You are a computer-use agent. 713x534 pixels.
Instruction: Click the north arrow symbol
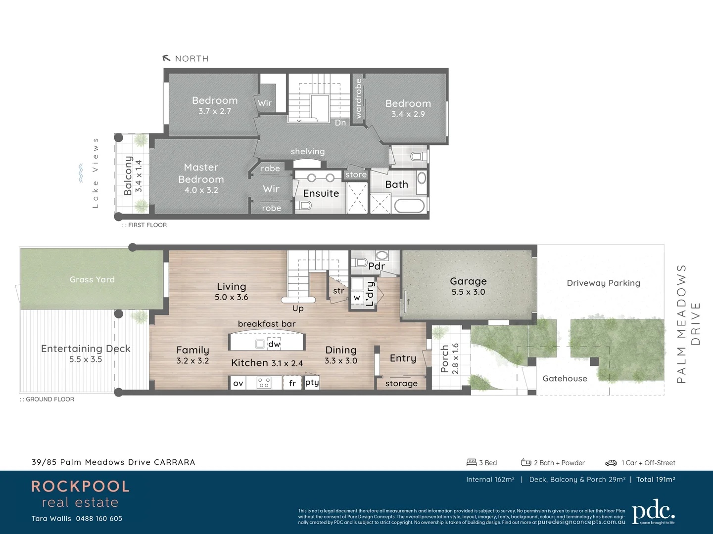click(x=166, y=58)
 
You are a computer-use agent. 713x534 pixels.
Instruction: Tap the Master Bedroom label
click(x=201, y=174)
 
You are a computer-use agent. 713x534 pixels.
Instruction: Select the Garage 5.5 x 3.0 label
click(x=468, y=286)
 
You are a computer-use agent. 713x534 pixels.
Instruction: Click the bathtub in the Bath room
click(x=409, y=206)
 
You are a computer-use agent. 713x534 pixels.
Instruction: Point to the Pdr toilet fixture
click(x=360, y=262)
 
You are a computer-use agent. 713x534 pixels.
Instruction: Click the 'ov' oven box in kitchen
click(x=238, y=383)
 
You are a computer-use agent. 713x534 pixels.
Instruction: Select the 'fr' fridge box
click(x=292, y=383)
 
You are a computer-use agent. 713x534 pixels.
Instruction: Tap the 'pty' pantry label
click(x=312, y=382)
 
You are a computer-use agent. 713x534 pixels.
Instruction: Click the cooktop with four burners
click(x=264, y=383)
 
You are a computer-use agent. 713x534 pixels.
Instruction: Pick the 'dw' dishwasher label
click(x=274, y=344)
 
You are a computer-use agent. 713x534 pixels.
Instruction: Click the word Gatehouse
click(x=565, y=378)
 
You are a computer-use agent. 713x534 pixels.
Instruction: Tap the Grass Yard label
click(x=92, y=279)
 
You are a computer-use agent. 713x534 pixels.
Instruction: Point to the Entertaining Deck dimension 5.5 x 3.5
click(x=86, y=359)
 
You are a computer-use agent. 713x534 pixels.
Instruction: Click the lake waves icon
click(x=81, y=174)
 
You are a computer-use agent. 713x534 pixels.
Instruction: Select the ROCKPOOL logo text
click(x=80, y=486)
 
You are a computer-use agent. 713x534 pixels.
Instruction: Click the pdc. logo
click(x=653, y=512)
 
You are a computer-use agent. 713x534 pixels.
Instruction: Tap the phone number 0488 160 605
click(x=99, y=519)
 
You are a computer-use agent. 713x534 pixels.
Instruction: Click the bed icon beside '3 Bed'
click(x=472, y=462)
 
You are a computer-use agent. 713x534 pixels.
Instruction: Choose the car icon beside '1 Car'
click(x=611, y=463)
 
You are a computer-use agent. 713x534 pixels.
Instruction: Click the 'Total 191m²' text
click(x=656, y=479)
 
